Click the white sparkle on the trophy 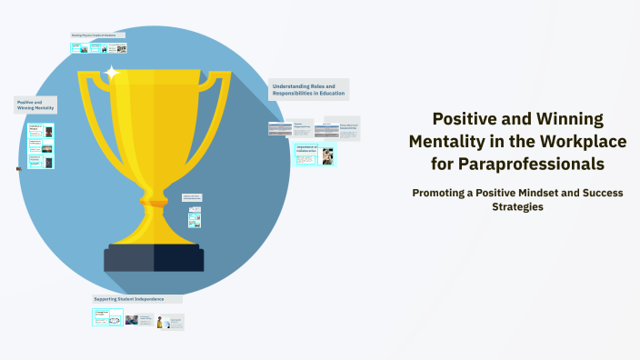coord(112,72)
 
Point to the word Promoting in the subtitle coord(447,192)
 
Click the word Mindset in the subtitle coord(555,192)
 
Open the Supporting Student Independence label coord(137,298)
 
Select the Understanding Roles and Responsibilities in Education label coord(307,90)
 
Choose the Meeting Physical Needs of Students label coord(98,35)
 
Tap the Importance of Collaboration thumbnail coord(315,154)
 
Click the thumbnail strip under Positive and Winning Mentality coord(41,146)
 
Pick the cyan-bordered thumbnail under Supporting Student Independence coord(107,317)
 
